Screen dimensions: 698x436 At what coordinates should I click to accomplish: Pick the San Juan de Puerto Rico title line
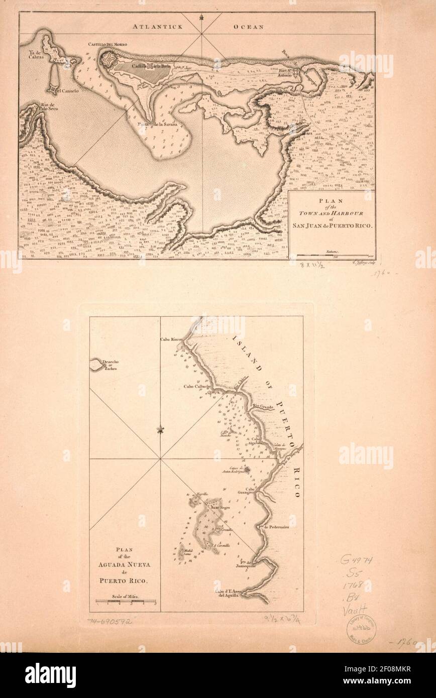click(332, 225)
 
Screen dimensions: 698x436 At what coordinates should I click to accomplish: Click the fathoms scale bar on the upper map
click(333, 255)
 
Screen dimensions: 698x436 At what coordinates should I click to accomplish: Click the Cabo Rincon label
click(171, 340)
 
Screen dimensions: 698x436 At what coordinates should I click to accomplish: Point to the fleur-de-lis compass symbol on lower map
click(161, 430)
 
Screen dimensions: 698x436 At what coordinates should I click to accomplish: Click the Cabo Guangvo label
click(254, 492)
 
